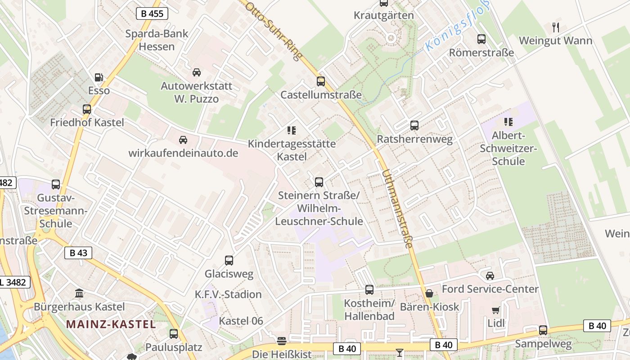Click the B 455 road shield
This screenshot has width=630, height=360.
pyautogui.click(x=152, y=13)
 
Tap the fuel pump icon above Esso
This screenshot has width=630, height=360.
pyautogui.click(x=99, y=77)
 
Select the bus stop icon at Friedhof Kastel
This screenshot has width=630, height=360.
pyautogui.click(x=87, y=109)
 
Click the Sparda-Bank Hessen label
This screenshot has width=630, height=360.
pyautogui.click(x=157, y=40)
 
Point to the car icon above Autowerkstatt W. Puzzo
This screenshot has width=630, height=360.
pyautogui.click(x=197, y=72)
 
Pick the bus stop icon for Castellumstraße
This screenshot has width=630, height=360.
pyautogui.click(x=321, y=81)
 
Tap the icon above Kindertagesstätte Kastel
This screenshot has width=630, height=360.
pyautogui.click(x=292, y=130)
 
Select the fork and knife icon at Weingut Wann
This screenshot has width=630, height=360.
pyautogui.click(x=556, y=27)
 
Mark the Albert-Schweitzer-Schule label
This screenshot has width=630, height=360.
pyautogui.click(x=508, y=148)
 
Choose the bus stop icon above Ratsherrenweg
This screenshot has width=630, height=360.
pyautogui.click(x=414, y=126)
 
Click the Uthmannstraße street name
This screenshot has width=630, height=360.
pyautogui.click(x=397, y=209)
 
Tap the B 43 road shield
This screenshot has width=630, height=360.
pyautogui.click(x=78, y=253)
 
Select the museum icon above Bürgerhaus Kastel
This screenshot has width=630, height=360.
pyautogui.click(x=79, y=293)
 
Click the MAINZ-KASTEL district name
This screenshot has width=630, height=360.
pyautogui.click(x=111, y=324)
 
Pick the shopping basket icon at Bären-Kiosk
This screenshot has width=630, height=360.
pyautogui.click(x=429, y=293)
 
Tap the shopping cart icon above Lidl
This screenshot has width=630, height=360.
pyautogui.click(x=496, y=310)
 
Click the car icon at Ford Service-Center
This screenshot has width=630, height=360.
pyautogui.click(x=490, y=275)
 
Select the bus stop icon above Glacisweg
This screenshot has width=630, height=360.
pyautogui.click(x=229, y=261)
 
